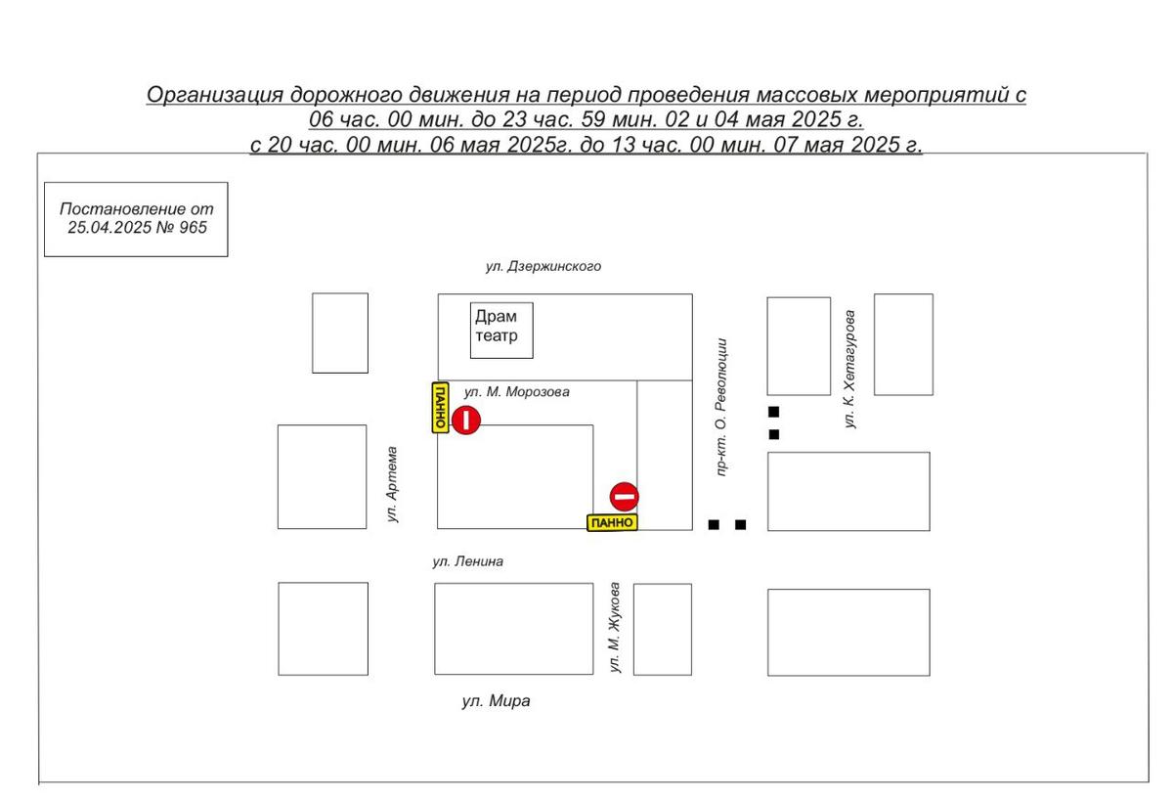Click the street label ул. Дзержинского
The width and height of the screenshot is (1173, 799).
click(x=543, y=267)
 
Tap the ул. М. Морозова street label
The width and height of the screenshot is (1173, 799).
click(x=516, y=392)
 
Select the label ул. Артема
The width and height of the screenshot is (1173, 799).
click(x=392, y=484)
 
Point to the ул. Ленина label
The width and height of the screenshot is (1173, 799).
click(x=467, y=561)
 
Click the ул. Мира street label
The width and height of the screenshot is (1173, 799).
click(x=496, y=701)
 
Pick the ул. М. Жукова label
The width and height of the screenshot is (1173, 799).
click(x=615, y=627)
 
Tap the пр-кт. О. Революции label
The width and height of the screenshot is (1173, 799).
click(x=721, y=407)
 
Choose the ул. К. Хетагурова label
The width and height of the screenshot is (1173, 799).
click(x=849, y=369)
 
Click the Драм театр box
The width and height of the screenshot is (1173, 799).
click(x=501, y=331)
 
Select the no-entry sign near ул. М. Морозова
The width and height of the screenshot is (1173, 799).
click(x=466, y=421)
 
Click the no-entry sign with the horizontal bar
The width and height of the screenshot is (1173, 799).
click(x=625, y=497)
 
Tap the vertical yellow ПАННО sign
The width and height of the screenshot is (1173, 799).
click(x=441, y=408)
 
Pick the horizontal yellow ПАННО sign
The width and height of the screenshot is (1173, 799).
click(x=612, y=522)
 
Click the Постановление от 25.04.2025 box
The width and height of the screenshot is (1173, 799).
click(x=136, y=219)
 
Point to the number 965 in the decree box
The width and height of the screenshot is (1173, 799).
click(x=193, y=228)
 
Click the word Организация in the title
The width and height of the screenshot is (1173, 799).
click(x=215, y=96)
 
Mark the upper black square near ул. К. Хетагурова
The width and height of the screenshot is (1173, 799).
click(x=773, y=412)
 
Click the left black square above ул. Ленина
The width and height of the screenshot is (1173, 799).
click(x=714, y=524)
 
